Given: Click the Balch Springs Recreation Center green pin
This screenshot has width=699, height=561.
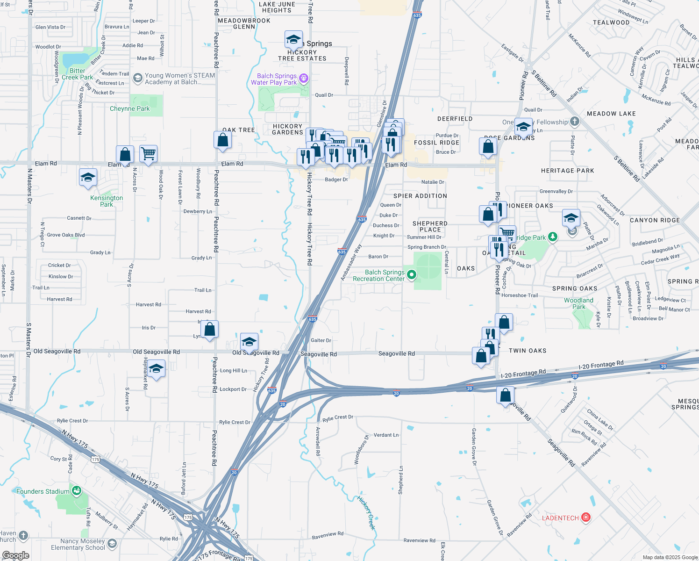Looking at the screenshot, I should tap(412, 275).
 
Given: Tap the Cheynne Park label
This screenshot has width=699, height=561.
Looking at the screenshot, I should tap(129, 109).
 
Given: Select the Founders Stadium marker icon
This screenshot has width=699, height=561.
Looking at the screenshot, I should tap(76, 491).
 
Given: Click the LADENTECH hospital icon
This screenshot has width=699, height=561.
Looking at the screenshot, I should tap(586, 518).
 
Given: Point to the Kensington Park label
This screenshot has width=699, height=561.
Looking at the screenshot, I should tap(107, 201).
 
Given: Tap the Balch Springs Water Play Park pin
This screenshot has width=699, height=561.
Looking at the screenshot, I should tap(304, 78).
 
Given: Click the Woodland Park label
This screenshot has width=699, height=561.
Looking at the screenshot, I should tap(578, 303).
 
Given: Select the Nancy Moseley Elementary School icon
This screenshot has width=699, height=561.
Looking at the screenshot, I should tap(112, 543).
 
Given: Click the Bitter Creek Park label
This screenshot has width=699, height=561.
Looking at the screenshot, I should tap(77, 74).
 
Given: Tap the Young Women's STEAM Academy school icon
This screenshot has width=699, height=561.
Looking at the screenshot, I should tap(137, 78).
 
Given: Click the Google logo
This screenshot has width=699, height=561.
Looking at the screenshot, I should tap(15, 555).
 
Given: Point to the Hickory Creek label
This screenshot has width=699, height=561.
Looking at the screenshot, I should tap(367, 512).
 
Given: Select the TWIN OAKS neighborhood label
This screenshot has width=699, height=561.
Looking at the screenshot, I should tap(527, 351).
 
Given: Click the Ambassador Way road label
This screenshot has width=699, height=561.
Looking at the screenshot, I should tap(351, 262).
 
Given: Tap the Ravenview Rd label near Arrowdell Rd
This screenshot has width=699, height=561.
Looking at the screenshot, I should tap(328, 535).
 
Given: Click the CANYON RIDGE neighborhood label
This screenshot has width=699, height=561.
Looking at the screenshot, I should tap(655, 220).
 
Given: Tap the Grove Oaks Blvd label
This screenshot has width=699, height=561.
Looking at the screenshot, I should tap(66, 235).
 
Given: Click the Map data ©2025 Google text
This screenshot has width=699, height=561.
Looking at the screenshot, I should tap(670, 557).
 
